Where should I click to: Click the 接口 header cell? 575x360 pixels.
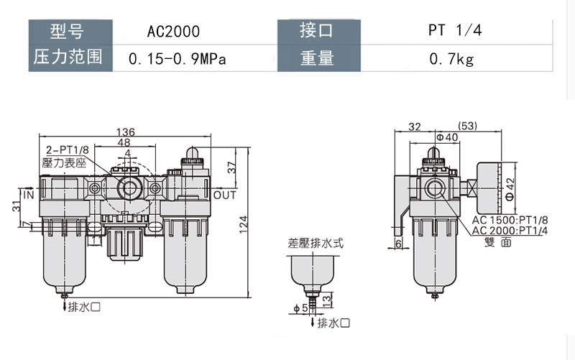coord(317,32)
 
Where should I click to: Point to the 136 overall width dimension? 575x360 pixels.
coord(126,131)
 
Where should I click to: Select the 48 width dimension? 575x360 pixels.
coord(124,143)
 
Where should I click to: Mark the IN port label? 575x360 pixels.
coord(29,195)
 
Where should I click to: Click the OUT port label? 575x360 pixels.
coord(224,195)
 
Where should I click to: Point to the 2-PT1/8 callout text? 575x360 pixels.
coord(67,151)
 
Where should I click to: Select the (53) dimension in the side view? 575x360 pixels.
coord(467,126)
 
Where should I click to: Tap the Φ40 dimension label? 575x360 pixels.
coord(447,137)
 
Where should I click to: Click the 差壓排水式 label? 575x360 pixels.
coord(316,243)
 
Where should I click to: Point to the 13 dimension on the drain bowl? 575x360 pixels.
coord(326,298)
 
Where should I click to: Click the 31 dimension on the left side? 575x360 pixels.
coord(17,206)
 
